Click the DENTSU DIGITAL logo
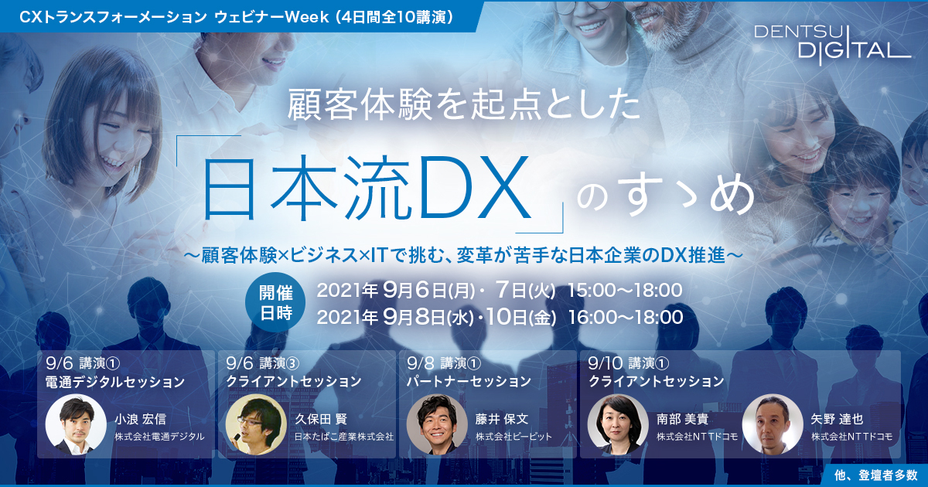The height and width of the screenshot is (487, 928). coord(831,46)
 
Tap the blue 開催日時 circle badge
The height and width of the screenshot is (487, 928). coord(275,303)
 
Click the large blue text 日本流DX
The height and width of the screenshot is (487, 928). coord(367,189)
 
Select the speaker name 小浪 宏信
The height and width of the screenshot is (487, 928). coord(141,419)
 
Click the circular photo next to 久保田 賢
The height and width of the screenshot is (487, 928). coord(256,424)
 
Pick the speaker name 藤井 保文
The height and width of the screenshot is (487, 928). coord(502,419)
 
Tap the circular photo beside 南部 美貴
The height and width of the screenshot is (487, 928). coord(618,424)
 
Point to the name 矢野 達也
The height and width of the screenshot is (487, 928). coord(837,419)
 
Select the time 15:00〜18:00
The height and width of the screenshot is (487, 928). coord(625,291)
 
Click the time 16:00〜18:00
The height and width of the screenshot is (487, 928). coord(626,317)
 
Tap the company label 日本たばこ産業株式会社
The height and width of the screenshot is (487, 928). coord(344,437)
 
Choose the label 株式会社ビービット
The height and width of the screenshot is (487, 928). coord(513,437)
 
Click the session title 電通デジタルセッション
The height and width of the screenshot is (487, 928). coord(115,382)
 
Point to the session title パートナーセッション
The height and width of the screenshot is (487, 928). coord(469,382)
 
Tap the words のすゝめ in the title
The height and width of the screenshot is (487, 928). coord(666,196)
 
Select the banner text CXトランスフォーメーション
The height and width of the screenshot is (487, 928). coord(113,17)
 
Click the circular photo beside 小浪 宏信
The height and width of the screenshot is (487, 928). coord(76,424)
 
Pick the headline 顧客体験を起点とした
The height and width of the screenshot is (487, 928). coord(464,105)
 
